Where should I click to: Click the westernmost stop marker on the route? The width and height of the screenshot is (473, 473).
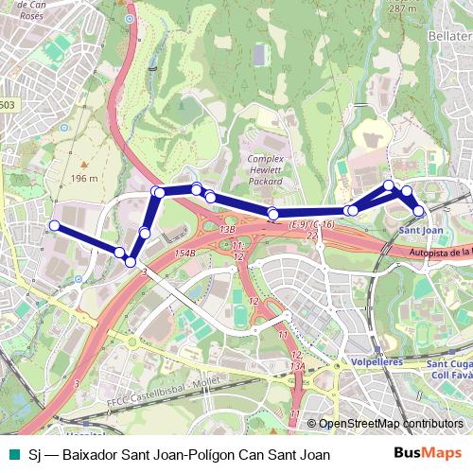55,225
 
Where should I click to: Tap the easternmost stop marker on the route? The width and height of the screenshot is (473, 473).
419,211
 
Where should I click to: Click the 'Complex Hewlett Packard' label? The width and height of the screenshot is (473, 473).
266,168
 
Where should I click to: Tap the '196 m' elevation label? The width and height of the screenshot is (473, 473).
83,178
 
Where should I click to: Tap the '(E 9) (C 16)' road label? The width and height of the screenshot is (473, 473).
312,224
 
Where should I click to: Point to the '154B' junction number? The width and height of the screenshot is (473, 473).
184,254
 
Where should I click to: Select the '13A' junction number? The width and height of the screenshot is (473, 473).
298,364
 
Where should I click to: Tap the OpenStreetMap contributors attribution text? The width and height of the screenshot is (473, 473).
391,424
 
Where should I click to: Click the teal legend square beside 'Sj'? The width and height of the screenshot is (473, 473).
12,455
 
